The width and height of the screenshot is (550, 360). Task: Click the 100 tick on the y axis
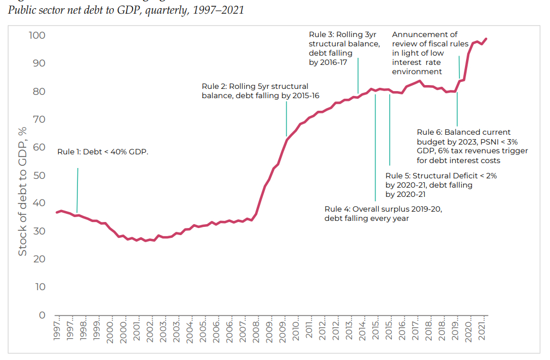tap(38, 36)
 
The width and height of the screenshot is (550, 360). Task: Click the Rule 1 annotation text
tap(103, 152)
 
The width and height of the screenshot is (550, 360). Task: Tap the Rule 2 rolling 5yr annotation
tap(260, 91)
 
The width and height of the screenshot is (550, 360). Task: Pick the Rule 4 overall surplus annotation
tap(383, 213)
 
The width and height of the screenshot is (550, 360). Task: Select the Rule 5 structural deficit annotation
tap(440, 185)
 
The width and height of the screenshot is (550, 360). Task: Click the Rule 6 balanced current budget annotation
tap(472, 146)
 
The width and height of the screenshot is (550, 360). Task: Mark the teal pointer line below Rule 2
tap(286, 118)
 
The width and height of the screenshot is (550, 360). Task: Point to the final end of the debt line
tap(486, 39)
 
